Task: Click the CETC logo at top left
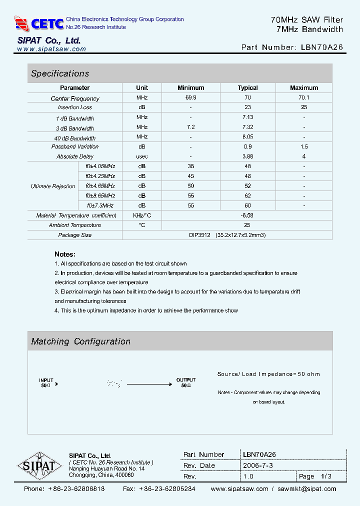pyautogui.click(x=39, y=23)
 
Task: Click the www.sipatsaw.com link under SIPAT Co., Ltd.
pyautogui.click(x=51, y=49)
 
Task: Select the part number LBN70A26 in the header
pyautogui.click(x=322, y=47)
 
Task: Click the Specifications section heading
pyautogui.click(x=60, y=73)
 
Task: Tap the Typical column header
pyautogui.click(x=247, y=88)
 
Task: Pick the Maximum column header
pyautogui.click(x=303, y=88)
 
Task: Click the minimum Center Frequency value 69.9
pyautogui.click(x=191, y=98)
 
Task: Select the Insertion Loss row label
pyautogui.click(x=75, y=107)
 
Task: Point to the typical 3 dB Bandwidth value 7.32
pyautogui.click(x=247, y=127)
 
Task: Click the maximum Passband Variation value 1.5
pyautogui.click(x=304, y=147)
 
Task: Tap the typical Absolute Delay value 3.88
pyautogui.click(x=247, y=156)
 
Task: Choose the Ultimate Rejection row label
pyautogui.click(x=53, y=186)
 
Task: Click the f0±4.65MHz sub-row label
pyautogui.click(x=100, y=186)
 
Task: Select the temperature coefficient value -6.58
pyautogui.click(x=247, y=215)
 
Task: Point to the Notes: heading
pyautogui.click(x=65, y=254)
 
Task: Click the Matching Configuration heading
pyautogui.click(x=80, y=341)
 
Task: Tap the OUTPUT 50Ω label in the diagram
pyautogui.click(x=186, y=383)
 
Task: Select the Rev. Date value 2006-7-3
pyautogui.click(x=258, y=465)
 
